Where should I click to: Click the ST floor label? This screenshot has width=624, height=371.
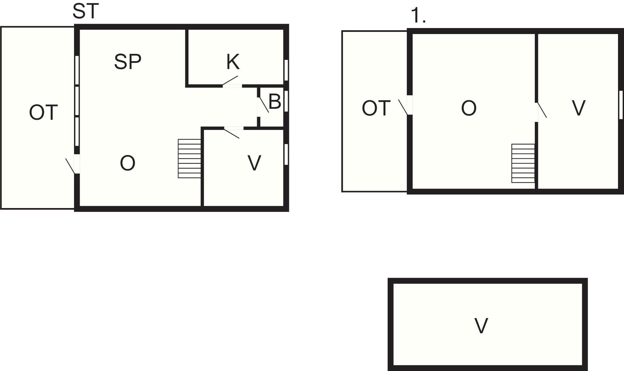pyautogui.click(x=86, y=11)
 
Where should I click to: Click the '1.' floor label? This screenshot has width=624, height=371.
pyautogui.click(x=419, y=16)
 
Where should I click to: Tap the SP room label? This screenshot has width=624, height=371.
pyautogui.click(x=128, y=62)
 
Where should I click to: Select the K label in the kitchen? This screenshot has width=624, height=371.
pyautogui.click(x=233, y=62)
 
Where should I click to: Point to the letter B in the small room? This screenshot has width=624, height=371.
pyautogui.click(x=275, y=102)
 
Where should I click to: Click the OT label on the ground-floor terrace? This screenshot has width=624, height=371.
pyautogui.click(x=43, y=113)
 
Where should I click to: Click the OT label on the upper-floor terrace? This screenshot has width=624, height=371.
pyautogui.click(x=376, y=108)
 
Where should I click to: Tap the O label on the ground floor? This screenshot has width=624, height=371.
pyautogui.click(x=128, y=163)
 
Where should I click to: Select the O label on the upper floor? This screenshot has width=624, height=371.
pyautogui.click(x=469, y=108)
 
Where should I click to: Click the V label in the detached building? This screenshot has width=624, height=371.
pyautogui.click(x=481, y=326)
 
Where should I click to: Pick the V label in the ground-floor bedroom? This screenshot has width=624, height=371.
pyautogui.click(x=254, y=163)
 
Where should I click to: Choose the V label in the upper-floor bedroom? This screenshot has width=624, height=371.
pyautogui.click(x=579, y=108)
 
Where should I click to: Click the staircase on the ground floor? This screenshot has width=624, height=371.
pyautogui.click(x=189, y=159)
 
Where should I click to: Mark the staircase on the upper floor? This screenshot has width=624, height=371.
pyautogui.click(x=523, y=163)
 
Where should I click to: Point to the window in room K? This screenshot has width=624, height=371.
pyautogui.click(x=286, y=70)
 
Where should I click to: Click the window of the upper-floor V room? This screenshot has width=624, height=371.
pyautogui.click(x=621, y=105)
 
